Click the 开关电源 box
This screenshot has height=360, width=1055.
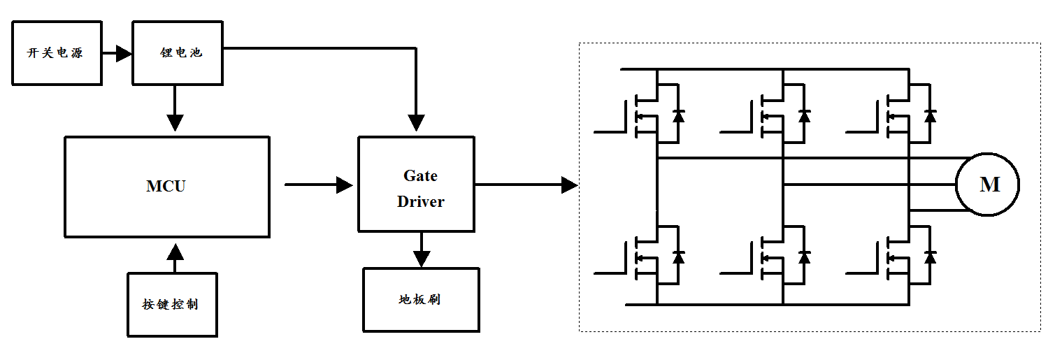[x=56, y=52]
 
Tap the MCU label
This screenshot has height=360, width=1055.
[x=166, y=186]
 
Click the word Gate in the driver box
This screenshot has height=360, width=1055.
[x=420, y=175]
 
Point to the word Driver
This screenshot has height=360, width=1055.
[x=420, y=201]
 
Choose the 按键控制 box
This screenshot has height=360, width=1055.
[x=172, y=304]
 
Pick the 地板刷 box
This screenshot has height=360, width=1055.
[x=420, y=299]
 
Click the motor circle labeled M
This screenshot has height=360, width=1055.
[x=988, y=185]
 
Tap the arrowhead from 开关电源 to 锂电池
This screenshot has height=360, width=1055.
[x=124, y=52]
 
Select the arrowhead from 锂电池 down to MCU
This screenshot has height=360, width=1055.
[x=175, y=122]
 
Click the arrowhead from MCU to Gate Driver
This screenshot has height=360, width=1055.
[x=344, y=185]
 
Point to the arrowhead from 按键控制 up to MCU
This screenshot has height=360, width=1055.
[x=174, y=250]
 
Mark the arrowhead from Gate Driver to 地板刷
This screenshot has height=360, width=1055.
[x=420, y=259]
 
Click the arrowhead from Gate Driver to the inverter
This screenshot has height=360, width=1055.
[x=569, y=185]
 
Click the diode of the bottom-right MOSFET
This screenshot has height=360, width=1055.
[x=930, y=257]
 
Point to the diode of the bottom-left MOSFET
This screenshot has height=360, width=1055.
[x=678, y=257]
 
